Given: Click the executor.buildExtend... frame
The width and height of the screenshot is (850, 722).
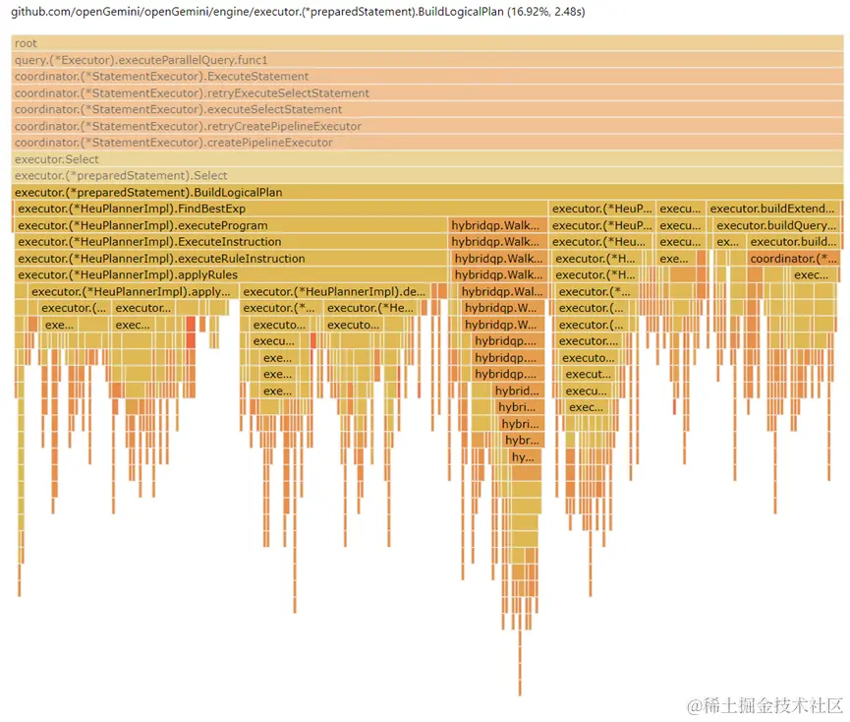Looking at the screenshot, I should (x=773, y=209).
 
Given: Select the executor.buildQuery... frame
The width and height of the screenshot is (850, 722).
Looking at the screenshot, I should (x=776, y=225).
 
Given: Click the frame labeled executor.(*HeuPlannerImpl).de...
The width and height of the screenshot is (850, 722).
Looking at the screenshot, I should (x=334, y=291).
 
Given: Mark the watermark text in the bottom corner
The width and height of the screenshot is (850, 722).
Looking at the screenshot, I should (x=766, y=705).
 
